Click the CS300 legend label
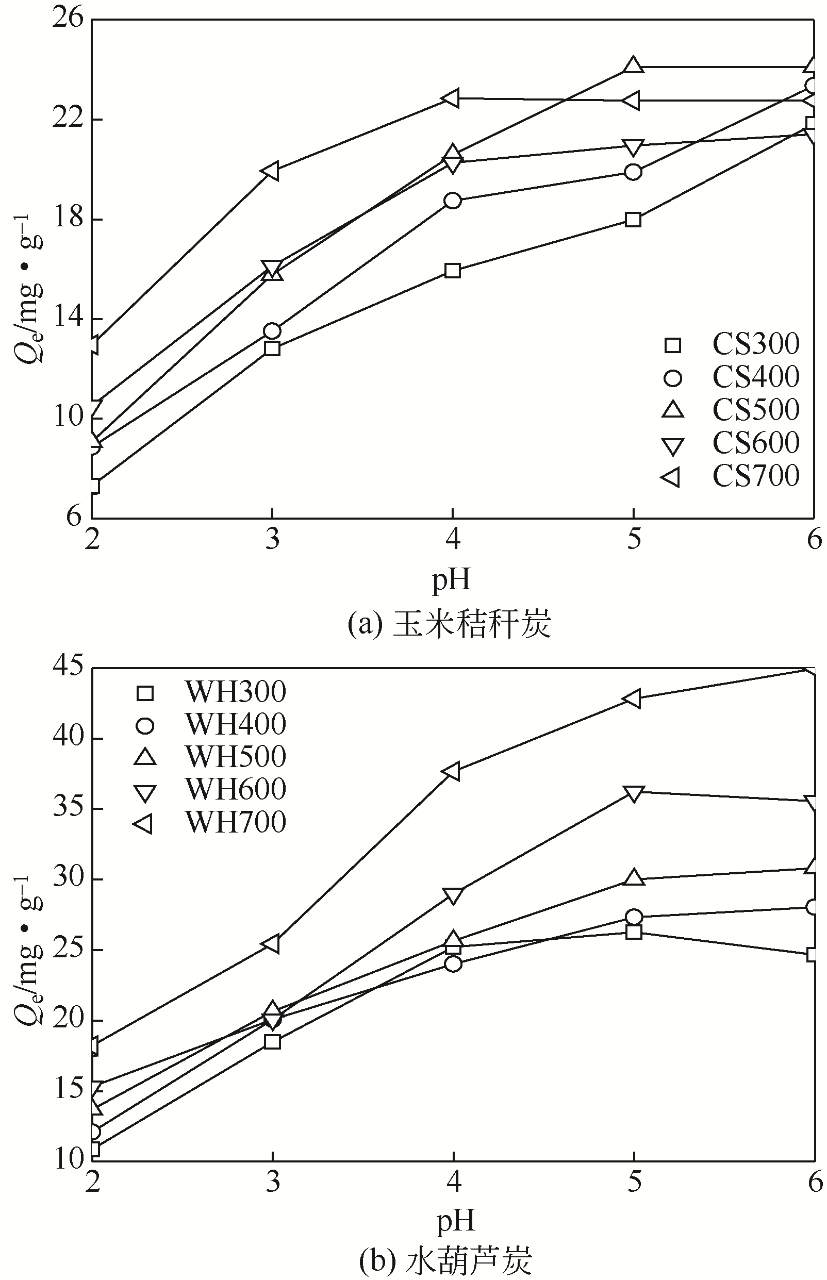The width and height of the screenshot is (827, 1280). [x=755, y=344]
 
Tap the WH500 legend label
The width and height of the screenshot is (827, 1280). [x=235, y=757]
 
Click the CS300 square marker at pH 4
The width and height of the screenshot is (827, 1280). [x=453, y=271]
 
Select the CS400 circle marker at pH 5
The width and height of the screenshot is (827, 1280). [x=633, y=172]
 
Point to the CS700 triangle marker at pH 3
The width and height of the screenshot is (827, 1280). [x=271, y=171]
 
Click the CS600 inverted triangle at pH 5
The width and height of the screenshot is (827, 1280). [x=633, y=147]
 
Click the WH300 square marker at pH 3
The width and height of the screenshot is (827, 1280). [x=272, y=1042]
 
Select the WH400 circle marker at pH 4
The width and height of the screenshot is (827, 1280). [x=453, y=964]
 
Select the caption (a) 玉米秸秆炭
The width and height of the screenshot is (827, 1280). [x=450, y=625]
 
